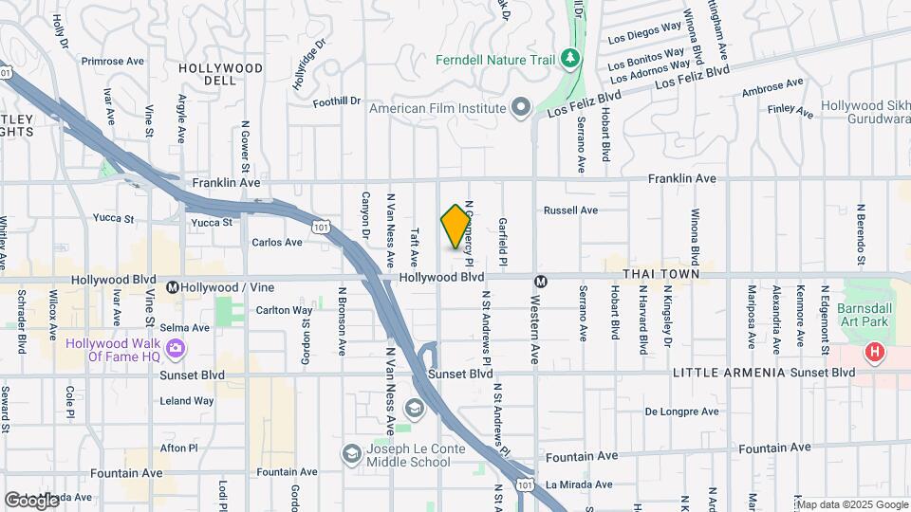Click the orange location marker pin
click(x=455, y=227)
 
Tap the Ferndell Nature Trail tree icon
click(x=569, y=59)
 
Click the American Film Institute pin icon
click(x=520, y=107)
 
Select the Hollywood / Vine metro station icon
click(x=173, y=286)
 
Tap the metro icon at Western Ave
click(x=539, y=281)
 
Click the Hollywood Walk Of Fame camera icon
click(x=175, y=350)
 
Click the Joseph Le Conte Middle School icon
click(x=352, y=454)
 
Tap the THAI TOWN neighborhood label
click(x=660, y=274)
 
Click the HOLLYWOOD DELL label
click(x=220, y=75)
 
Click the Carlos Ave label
click(x=277, y=242)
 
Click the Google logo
click(x=31, y=500)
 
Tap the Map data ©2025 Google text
click(x=853, y=503)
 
